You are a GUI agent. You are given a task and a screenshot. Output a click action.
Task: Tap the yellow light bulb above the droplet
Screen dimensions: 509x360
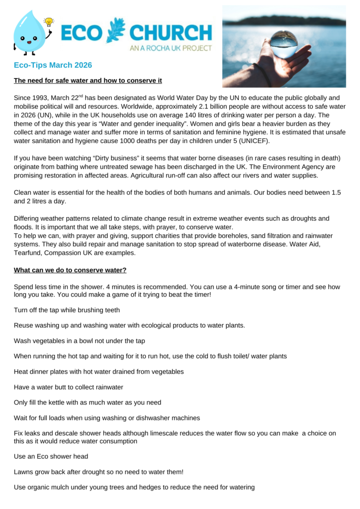tap(49, 21)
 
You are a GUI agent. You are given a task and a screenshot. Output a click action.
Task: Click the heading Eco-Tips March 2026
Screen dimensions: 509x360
tap(53, 65)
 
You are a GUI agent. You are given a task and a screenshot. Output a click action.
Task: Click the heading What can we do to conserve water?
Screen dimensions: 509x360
tap(70, 270)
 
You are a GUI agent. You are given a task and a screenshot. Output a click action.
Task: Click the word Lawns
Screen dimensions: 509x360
tap(24, 472)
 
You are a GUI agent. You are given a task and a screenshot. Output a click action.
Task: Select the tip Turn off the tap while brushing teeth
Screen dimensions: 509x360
tap(67, 310)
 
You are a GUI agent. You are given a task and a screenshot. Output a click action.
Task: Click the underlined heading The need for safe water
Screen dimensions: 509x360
tap(88, 81)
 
